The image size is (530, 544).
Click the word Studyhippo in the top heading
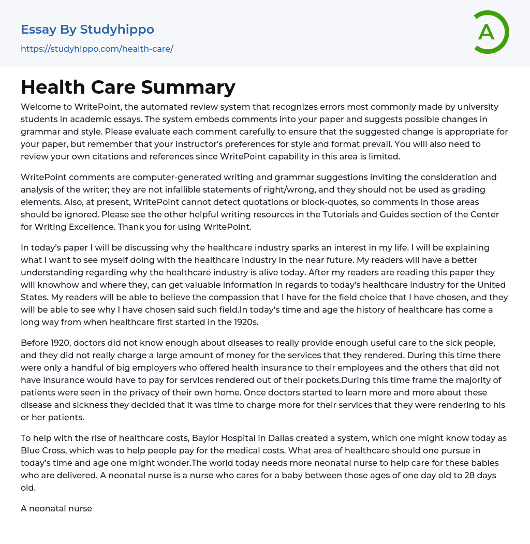pos(117,30)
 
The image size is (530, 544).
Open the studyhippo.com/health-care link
pos(97,49)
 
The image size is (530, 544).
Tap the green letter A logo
pos(487,32)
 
